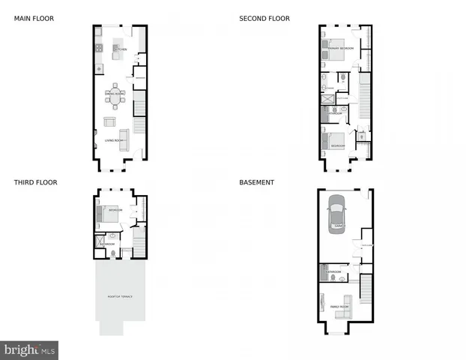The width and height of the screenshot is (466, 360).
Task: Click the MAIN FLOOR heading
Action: pos(34,19)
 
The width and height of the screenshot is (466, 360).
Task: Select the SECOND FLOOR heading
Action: pos(264,19)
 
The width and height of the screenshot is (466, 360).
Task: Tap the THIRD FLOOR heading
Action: pos(35,182)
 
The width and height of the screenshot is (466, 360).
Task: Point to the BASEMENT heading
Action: pos(256,182)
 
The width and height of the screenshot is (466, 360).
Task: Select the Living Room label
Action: pos(114,140)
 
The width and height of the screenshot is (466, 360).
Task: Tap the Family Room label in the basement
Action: pos(339,307)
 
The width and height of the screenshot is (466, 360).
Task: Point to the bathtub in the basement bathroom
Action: pos(324,273)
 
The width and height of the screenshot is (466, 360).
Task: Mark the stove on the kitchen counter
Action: pos(98,50)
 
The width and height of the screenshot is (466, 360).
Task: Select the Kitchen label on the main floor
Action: pos(122,49)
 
